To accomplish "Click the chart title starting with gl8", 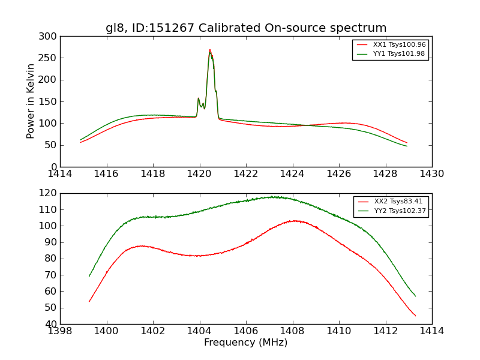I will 246,28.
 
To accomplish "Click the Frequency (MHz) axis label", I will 246,343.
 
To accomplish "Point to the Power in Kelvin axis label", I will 31,101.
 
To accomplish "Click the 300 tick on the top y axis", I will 50,37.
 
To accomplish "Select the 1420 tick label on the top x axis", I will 200,174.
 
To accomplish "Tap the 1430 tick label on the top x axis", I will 431,174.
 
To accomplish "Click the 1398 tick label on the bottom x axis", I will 61,331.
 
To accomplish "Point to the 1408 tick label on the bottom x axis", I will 292,331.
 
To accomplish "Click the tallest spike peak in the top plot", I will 209,50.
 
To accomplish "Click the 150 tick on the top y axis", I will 50,101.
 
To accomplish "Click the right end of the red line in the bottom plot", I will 415,316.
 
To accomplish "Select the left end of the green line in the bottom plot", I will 89,276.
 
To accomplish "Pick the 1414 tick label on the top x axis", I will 61,174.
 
